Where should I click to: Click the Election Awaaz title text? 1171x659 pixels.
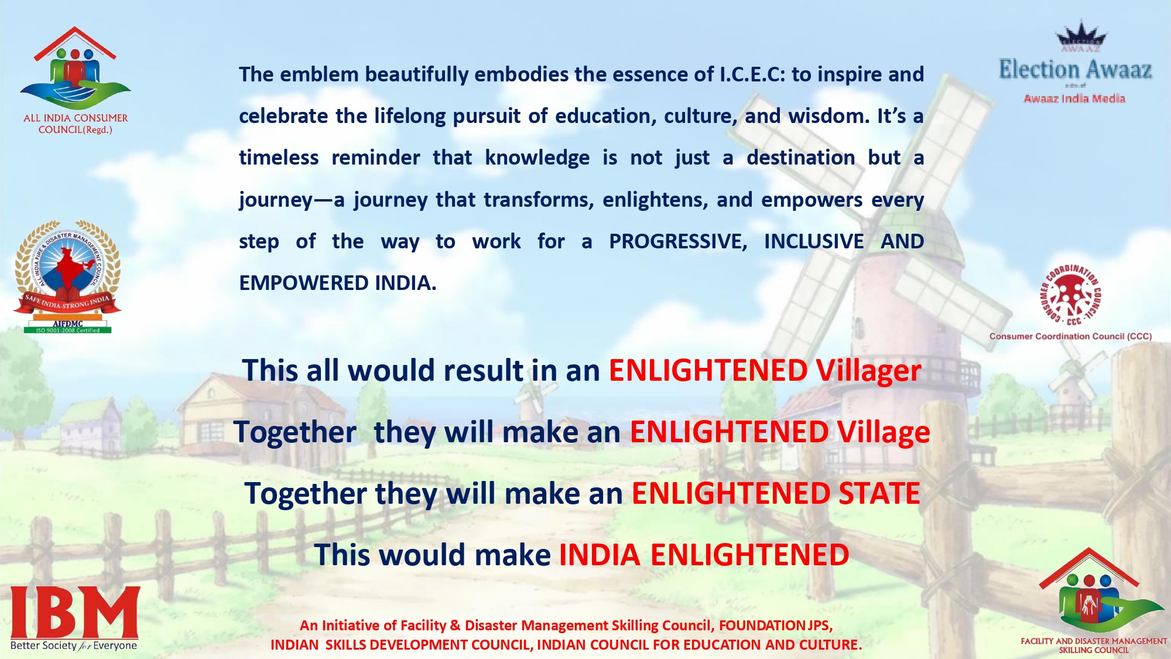[1076, 69]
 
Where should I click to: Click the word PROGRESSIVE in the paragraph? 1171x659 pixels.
[678, 241]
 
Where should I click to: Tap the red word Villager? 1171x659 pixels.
[869, 371]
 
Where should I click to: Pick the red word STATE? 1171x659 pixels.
[879, 493]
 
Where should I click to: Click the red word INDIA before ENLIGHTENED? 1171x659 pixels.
[600, 555]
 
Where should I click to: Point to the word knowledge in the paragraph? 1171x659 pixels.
[537, 158]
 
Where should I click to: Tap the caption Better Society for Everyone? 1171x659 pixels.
[74, 646]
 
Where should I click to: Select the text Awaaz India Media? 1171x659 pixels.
[1074, 98]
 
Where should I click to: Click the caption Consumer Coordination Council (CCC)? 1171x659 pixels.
[1070, 336]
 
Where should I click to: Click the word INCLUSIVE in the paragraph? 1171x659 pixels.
[814, 241]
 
